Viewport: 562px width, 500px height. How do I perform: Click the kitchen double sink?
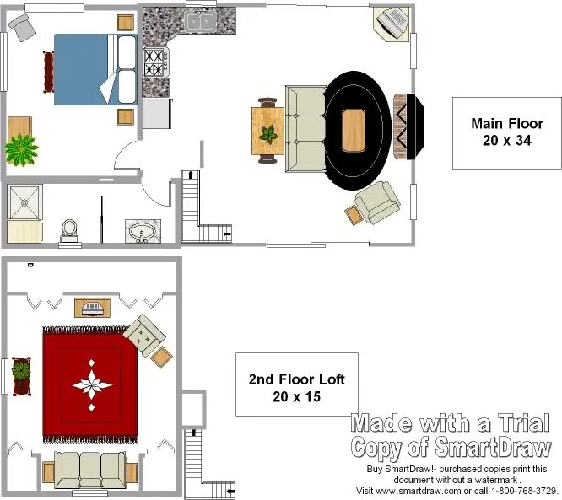(x=199, y=21)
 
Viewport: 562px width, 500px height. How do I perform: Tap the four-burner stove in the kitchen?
(x=156, y=62)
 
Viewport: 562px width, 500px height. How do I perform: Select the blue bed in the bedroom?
(x=95, y=69)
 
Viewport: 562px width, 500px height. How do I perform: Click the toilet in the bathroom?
(x=69, y=233)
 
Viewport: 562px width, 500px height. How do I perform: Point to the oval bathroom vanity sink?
(x=143, y=231)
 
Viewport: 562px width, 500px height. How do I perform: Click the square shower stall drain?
(x=24, y=202)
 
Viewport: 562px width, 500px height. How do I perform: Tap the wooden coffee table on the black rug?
(x=354, y=131)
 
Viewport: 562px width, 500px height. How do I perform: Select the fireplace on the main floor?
(x=409, y=126)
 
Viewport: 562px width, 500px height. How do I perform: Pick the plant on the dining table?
(x=268, y=134)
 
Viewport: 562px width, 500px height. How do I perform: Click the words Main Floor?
(x=507, y=124)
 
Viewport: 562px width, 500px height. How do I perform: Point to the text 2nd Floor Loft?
(x=297, y=379)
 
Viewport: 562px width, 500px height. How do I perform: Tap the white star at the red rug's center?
(x=92, y=385)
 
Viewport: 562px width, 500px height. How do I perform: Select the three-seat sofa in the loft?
(x=90, y=470)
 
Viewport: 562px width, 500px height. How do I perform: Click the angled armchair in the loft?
(x=144, y=335)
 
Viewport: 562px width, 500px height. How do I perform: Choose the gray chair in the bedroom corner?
(x=22, y=27)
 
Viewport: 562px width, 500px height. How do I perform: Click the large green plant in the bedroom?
(x=21, y=150)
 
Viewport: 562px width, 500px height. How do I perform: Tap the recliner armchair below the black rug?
(x=377, y=202)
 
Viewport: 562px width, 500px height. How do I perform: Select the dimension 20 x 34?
(x=507, y=141)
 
